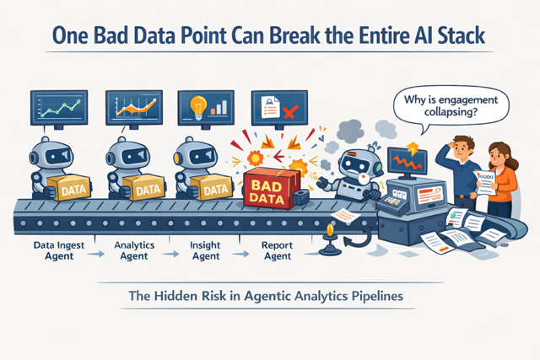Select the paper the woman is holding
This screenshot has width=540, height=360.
485,180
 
